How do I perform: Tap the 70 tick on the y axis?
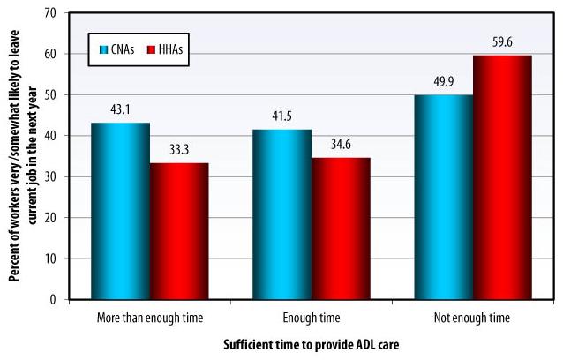(x=52, y=14)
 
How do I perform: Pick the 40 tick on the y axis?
(x=52, y=136)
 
